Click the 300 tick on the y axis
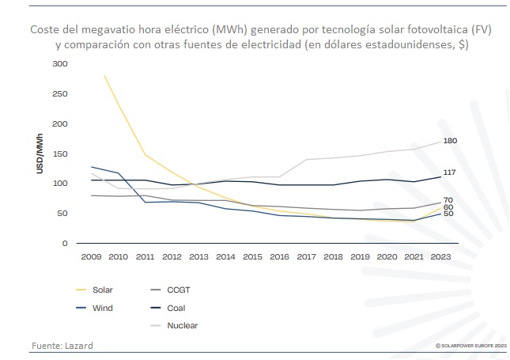[59, 63]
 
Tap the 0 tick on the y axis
[65, 244]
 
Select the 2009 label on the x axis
[92, 258]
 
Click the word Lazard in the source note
[79, 346]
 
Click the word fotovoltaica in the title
[425, 29]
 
